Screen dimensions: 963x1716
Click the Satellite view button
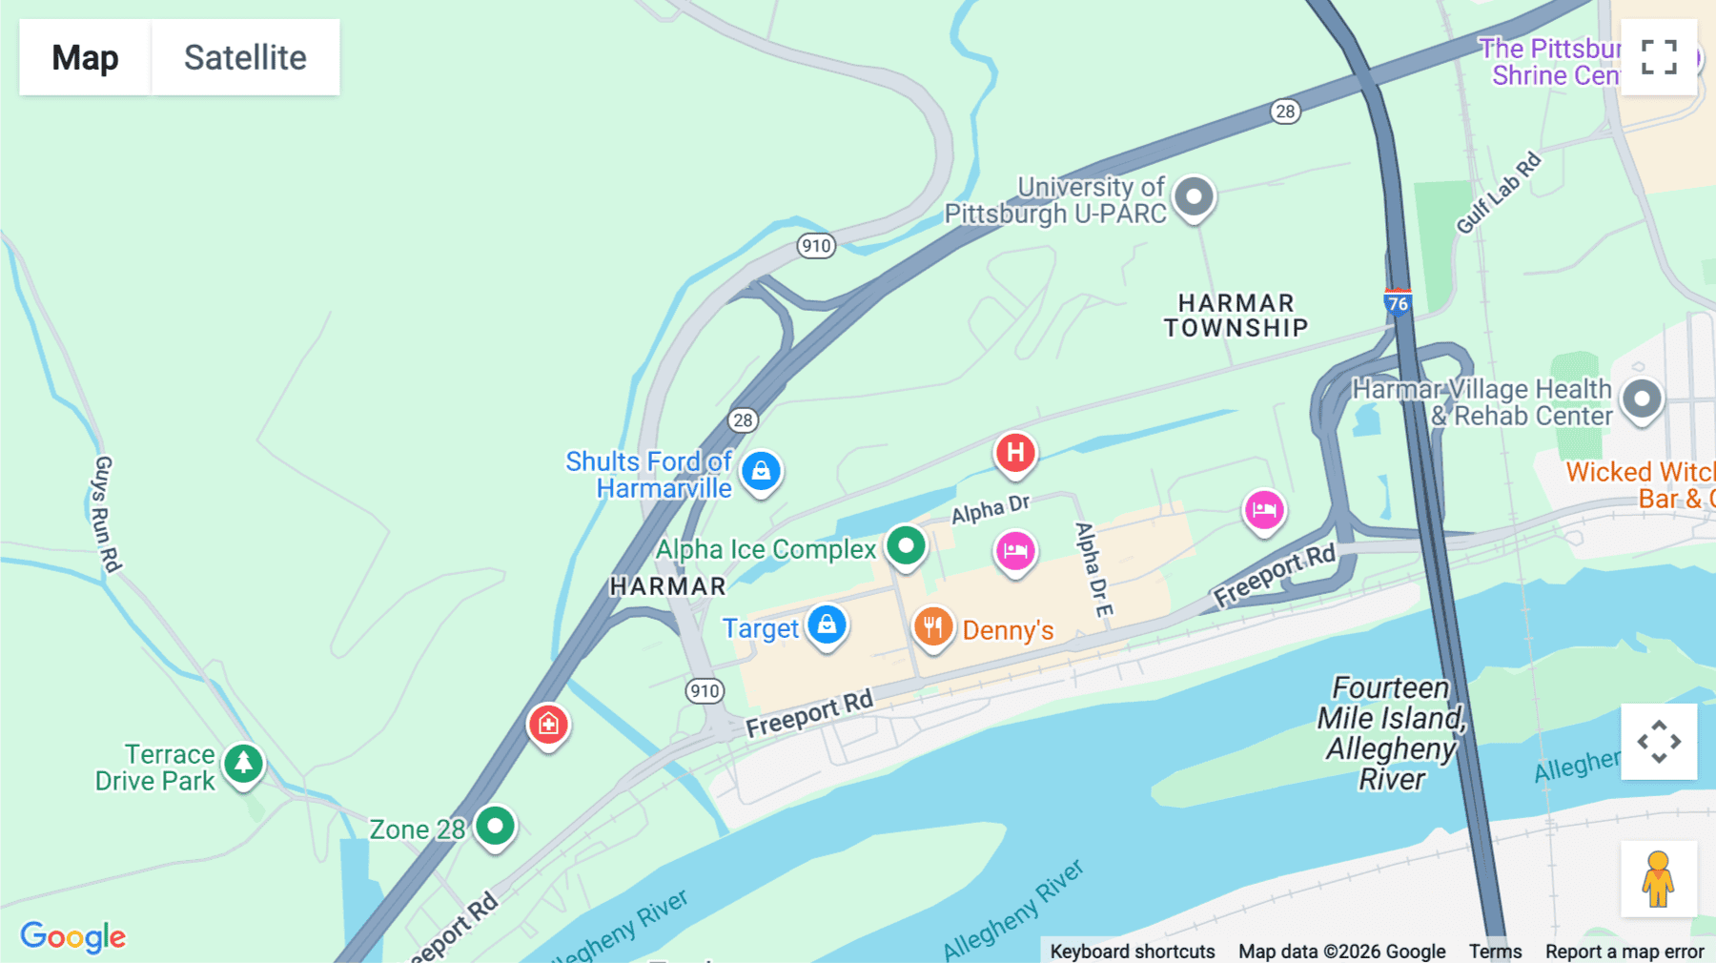245,57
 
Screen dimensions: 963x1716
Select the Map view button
85,57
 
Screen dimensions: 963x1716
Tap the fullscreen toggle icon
1659,57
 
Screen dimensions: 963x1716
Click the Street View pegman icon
1658,878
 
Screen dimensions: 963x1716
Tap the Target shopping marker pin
827,625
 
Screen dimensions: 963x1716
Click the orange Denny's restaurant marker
933,627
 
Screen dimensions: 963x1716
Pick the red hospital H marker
1015,453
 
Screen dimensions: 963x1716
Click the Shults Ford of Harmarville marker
761,471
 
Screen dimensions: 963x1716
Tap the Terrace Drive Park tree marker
243,764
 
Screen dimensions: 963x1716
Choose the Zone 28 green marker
495,826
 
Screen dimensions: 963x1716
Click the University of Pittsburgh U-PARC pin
1194,197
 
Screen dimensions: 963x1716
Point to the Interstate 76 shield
1398,302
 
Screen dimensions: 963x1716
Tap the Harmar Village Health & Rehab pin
1642,399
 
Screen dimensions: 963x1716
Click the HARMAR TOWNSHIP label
1236,316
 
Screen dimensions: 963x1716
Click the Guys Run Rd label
106,514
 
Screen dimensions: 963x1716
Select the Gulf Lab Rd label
1498,193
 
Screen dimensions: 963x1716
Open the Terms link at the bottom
1495,951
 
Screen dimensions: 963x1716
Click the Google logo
73,936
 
